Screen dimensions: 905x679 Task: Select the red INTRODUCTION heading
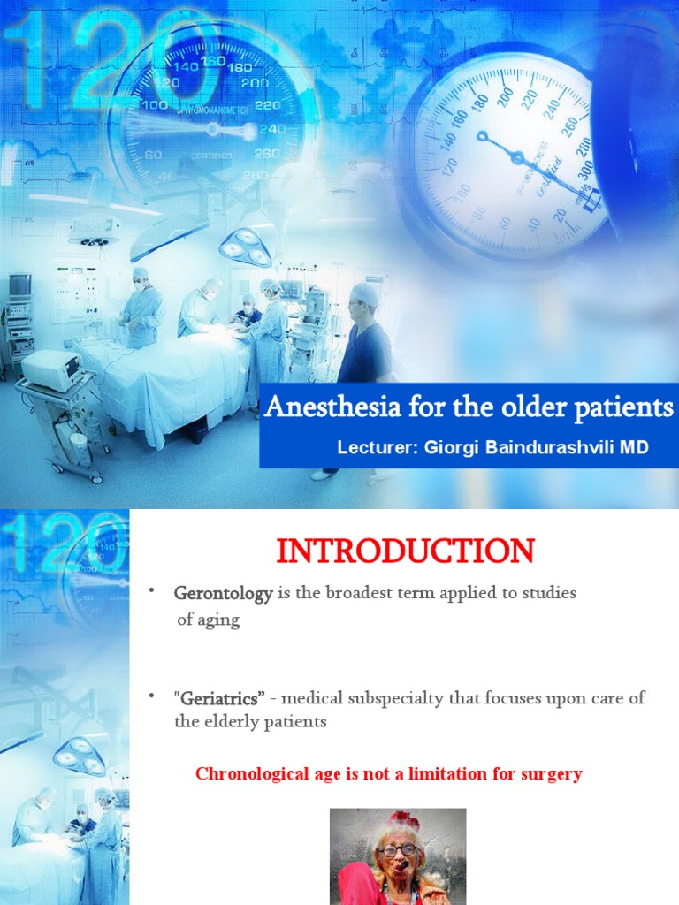405,551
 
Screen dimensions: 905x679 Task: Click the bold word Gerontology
223,594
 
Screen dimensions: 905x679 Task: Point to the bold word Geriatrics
221,698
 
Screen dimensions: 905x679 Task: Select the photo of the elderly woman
398,856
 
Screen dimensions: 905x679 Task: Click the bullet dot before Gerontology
151,590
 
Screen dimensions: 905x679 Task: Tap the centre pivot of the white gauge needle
482,136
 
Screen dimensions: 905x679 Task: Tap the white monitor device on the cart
51,369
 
